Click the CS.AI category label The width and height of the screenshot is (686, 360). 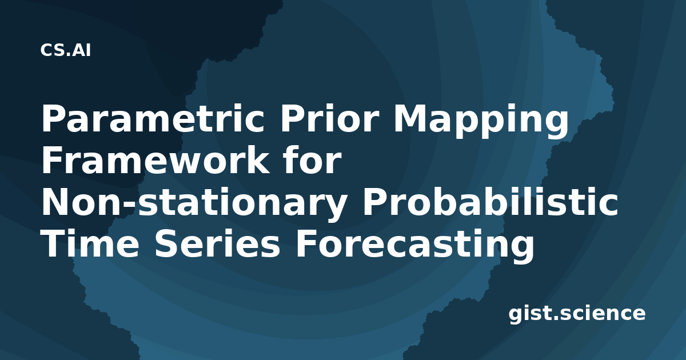click(66, 50)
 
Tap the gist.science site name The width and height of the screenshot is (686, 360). click(577, 314)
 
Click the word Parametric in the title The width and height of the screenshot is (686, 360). click(153, 119)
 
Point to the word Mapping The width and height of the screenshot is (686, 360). click(481, 121)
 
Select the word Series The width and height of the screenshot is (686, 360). click(217, 245)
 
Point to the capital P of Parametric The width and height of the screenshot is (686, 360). click(54, 119)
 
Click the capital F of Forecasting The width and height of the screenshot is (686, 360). click(307, 245)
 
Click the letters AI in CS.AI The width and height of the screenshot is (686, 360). click(82, 50)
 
